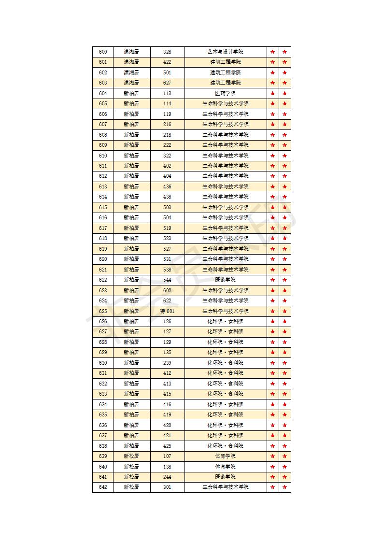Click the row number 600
pyautogui.click(x=103, y=52)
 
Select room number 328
pyautogui.click(x=167, y=52)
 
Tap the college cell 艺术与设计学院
pyautogui.click(x=225, y=52)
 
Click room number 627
pyautogui.click(x=167, y=83)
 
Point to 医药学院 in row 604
pyautogui.click(x=225, y=93)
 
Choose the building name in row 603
pyautogui.click(x=131, y=83)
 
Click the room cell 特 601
pyautogui.click(x=167, y=311)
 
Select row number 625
pyautogui.click(x=103, y=311)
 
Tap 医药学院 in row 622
pyautogui.click(x=225, y=280)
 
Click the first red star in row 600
pyautogui.click(x=273, y=52)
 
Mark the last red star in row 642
pyautogui.click(x=285, y=487)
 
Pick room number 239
pyautogui.click(x=167, y=363)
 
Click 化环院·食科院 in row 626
pyautogui.click(x=225, y=321)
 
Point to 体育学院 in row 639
pyautogui.click(x=225, y=456)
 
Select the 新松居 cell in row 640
pyautogui.click(x=131, y=467)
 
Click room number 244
pyautogui.click(x=167, y=477)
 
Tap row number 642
pyautogui.click(x=103, y=487)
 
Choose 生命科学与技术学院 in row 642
pyautogui.click(x=225, y=487)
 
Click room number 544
pyautogui.click(x=167, y=280)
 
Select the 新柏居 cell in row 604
pyautogui.click(x=131, y=93)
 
